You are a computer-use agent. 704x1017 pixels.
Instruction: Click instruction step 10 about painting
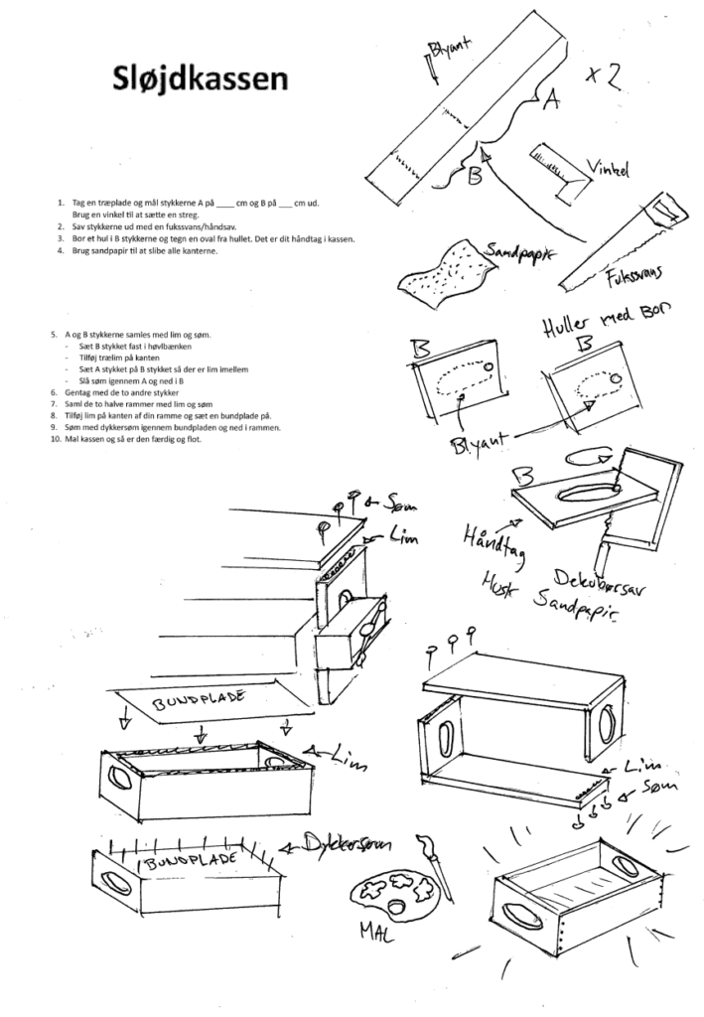132,438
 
